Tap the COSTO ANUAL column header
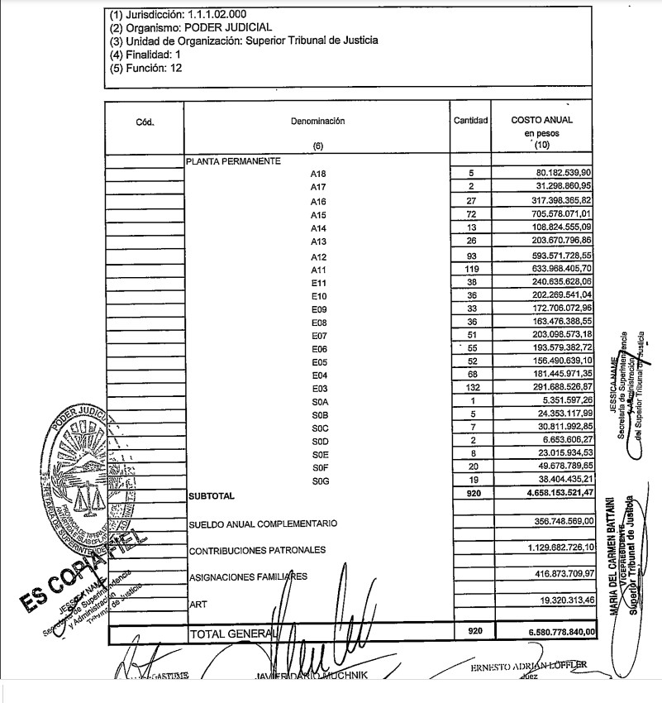pos(541,120)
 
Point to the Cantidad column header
pos(471,121)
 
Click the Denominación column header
pos(317,121)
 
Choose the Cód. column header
pos(145,122)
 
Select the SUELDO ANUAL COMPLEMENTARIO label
pos(263,524)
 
